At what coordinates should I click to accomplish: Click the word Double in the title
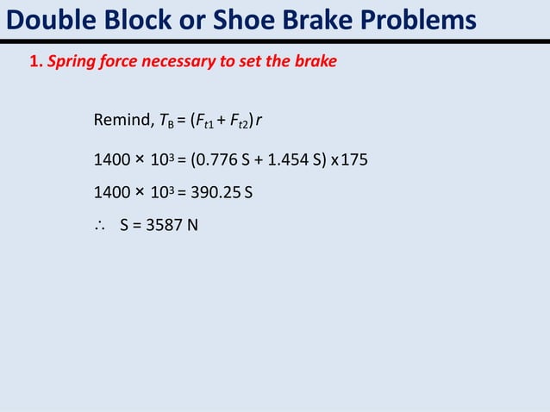(46, 19)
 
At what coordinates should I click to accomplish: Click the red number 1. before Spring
(36, 62)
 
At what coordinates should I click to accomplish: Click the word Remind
(120, 119)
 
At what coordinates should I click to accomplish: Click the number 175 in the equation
(355, 160)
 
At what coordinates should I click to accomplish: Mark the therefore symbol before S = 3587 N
(99, 228)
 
